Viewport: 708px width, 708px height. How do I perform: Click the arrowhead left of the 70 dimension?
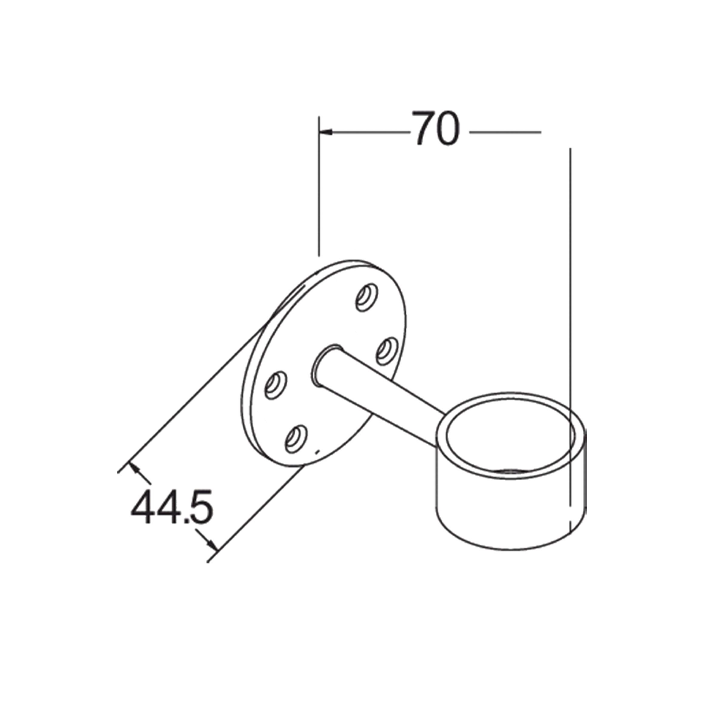tap(325, 132)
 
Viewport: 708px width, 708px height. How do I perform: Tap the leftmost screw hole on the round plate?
tap(276, 385)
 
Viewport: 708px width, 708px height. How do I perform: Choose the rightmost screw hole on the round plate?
tap(387, 351)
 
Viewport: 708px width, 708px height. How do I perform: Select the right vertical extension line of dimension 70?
tap(570, 293)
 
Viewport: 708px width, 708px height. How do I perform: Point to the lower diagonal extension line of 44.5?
tap(257, 513)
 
